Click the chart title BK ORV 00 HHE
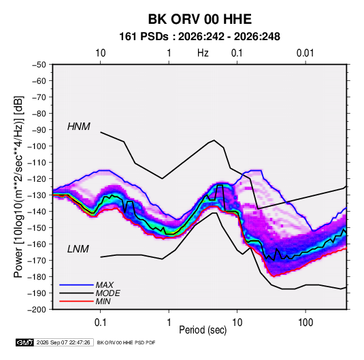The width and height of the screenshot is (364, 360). tap(200, 19)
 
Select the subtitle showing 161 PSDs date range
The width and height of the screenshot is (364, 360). tap(199, 37)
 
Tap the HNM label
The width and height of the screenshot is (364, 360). tap(79, 127)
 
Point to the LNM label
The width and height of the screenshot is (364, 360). tap(78, 249)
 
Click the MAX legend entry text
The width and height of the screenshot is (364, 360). tap(105, 285)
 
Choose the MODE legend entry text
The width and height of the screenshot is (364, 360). tap(108, 293)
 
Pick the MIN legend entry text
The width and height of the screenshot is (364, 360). tap(103, 301)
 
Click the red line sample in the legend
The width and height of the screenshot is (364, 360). tap(76, 301)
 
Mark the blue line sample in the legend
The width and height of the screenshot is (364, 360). tap(76, 285)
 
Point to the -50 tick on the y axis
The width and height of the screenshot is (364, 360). tap(39, 65)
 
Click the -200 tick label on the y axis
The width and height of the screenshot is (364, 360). tap(37, 310)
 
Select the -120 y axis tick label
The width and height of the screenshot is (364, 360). tap(37, 179)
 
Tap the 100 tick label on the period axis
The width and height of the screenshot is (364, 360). tap(305, 323)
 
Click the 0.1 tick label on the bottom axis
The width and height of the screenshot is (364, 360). tap(100, 323)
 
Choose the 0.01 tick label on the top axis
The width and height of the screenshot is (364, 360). tap(305, 53)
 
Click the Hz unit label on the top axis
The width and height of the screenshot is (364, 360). tap(203, 53)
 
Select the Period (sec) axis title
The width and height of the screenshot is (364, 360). tap(203, 330)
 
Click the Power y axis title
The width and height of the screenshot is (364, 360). tap(18, 186)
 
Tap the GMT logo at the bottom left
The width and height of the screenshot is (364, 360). tap(25, 342)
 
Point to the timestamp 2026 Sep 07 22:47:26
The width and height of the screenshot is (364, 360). tap(63, 342)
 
